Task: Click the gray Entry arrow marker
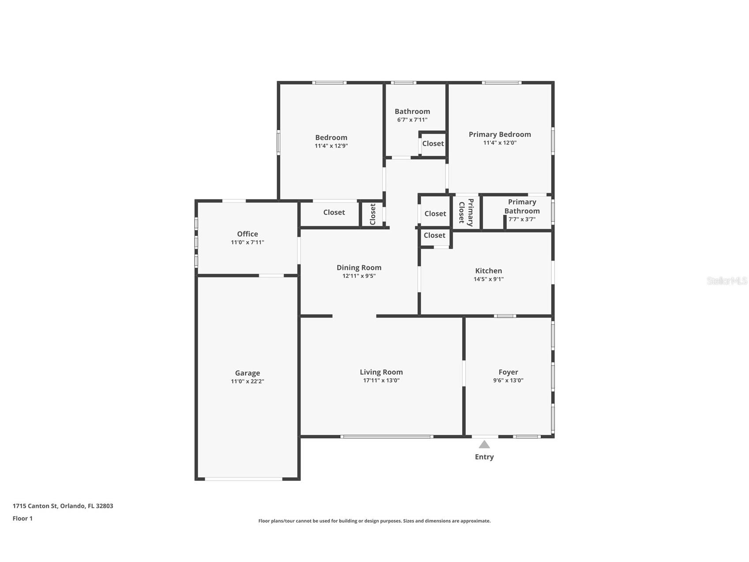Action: (x=484, y=444)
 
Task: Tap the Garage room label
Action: (x=247, y=373)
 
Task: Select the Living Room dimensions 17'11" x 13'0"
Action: (x=381, y=380)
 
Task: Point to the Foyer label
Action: (x=508, y=372)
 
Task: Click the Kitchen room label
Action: (x=489, y=271)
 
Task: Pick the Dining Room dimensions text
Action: (x=359, y=276)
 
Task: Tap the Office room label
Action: (x=247, y=234)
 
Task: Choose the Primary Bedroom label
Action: (x=500, y=134)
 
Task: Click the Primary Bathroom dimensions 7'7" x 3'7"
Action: (x=522, y=219)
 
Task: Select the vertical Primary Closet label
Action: (x=466, y=212)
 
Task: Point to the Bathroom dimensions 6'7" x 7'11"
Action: (x=412, y=120)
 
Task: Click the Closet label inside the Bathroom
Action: (x=433, y=144)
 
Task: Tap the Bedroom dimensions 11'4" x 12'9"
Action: (x=331, y=146)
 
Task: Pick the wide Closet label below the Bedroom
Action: (x=334, y=213)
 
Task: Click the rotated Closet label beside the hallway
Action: (x=373, y=214)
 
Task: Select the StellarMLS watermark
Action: (x=727, y=281)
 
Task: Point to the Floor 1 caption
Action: (x=23, y=518)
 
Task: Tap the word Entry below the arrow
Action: (x=484, y=457)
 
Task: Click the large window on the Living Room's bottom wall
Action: (x=386, y=437)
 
